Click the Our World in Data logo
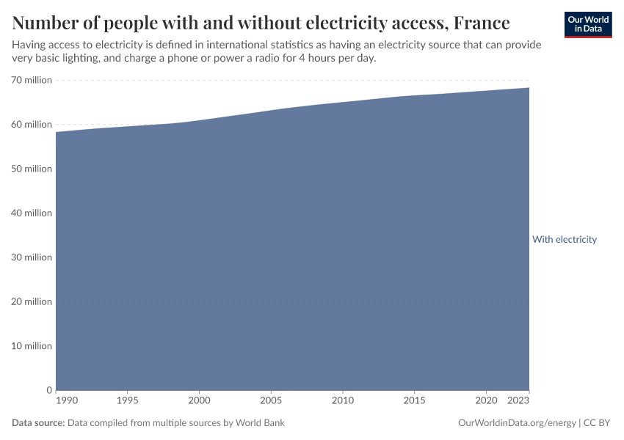tap(587, 24)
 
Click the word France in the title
tap(481, 23)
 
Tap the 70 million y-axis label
tap(32, 80)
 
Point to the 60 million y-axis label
tap(32, 125)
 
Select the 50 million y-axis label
tap(32, 169)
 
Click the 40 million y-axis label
tap(32, 213)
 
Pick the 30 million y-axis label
tap(32, 257)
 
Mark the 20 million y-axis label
tap(32, 301)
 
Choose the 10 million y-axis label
tap(32, 346)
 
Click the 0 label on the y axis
tap(48, 390)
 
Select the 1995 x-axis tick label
tap(128, 400)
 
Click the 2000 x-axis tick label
tap(199, 400)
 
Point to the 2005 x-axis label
tap(271, 400)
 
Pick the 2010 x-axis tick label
tap(342, 400)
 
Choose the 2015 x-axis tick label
tap(414, 400)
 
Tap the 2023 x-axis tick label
tap(519, 400)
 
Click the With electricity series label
tap(564, 240)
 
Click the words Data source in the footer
tap(38, 423)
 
